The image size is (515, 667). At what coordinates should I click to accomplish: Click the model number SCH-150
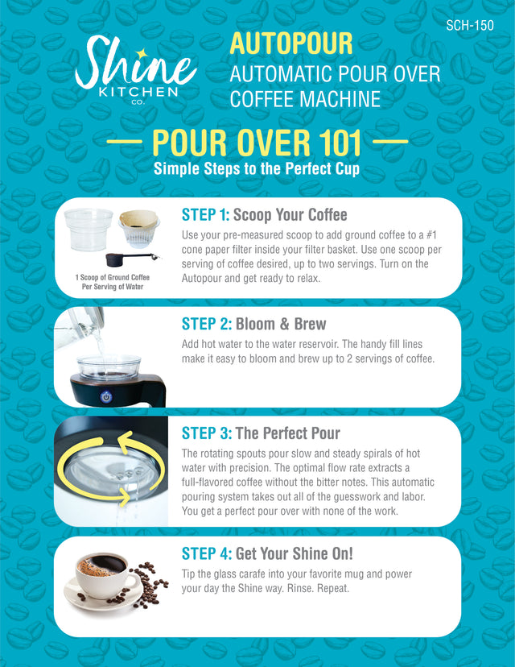469,25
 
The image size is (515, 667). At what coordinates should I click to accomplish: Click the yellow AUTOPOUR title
291,43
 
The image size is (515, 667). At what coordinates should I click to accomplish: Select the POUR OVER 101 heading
257,143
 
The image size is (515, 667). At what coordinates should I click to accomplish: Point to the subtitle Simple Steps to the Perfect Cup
257,169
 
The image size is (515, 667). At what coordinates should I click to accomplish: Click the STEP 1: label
206,215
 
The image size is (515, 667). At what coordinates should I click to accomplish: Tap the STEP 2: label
206,324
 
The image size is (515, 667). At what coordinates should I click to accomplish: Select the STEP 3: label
206,433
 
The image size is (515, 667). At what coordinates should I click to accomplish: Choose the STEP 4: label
206,553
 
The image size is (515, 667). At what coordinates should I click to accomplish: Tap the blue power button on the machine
104,396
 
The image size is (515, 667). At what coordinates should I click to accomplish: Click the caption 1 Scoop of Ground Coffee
113,278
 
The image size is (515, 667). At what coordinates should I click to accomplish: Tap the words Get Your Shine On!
295,553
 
